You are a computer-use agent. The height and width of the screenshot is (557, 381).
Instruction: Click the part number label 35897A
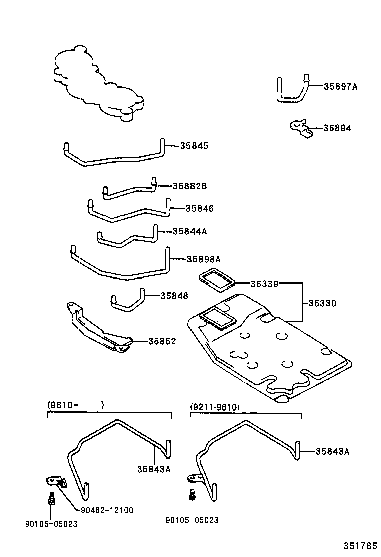coord(340,86)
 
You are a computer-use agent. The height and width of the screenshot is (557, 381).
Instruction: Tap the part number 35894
coord(337,128)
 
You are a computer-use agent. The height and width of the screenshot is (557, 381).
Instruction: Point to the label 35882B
coord(189,186)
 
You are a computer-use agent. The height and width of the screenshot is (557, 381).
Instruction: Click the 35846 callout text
coord(200,208)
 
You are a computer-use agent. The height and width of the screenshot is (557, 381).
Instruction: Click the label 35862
coord(162,341)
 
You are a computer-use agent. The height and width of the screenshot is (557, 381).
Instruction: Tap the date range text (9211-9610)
coord(215,407)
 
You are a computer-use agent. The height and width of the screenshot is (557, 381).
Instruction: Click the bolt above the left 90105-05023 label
coord(51,498)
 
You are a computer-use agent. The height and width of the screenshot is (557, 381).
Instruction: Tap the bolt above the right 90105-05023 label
coord(192,494)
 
